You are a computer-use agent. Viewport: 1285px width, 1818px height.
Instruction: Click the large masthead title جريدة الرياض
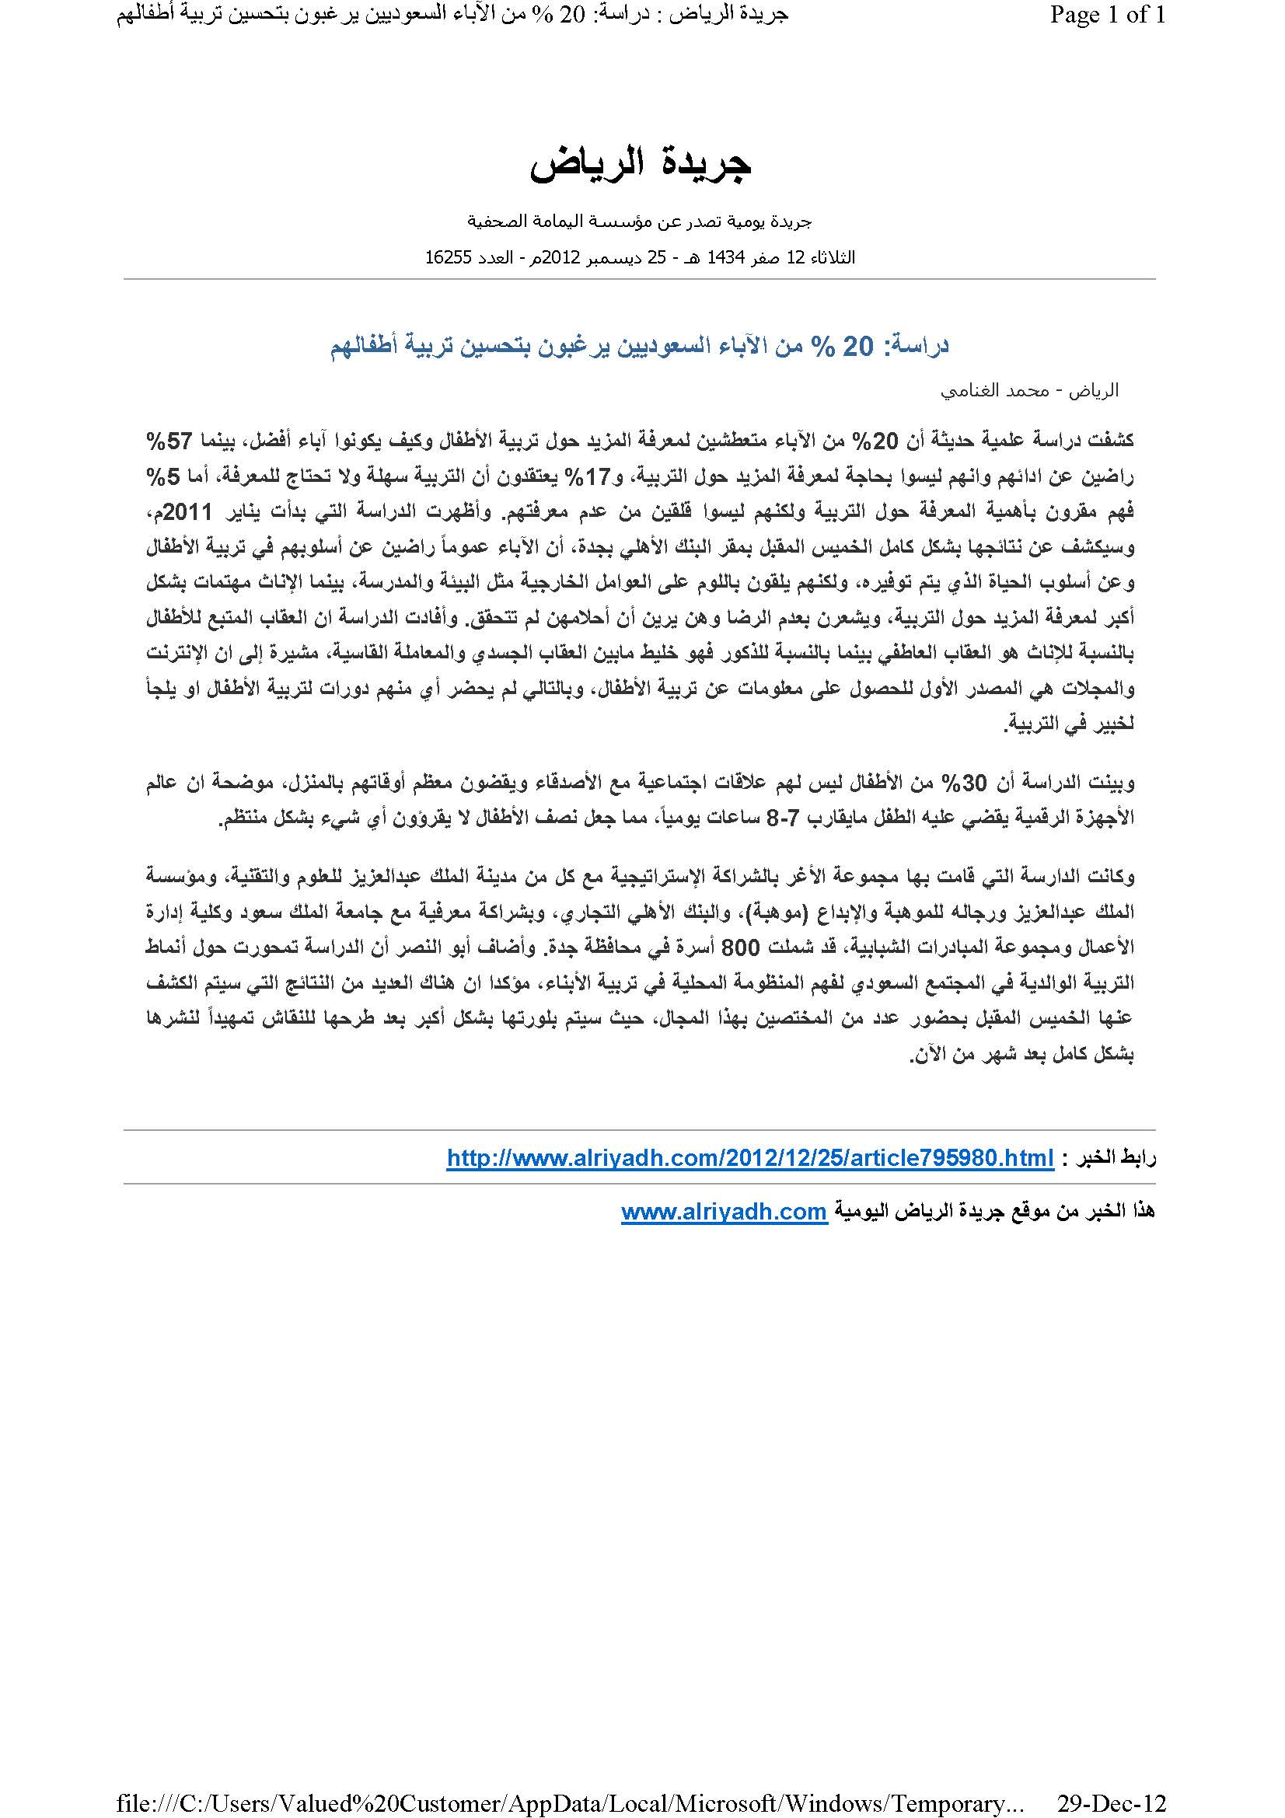(x=640, y=165)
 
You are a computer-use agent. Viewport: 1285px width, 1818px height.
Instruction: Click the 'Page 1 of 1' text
(x=1107, y=16)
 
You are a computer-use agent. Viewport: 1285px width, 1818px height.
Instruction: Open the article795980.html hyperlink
(x=750, y=1158)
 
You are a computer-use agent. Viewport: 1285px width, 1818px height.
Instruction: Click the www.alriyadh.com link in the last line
(x=724, y=1212)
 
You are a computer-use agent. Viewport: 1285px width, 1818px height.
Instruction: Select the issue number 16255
(x=448, y=258)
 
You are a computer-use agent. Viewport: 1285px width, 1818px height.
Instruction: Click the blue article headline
(x=640, y=346)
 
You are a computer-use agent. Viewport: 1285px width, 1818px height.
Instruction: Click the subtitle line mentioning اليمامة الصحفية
(x=640, y=222)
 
